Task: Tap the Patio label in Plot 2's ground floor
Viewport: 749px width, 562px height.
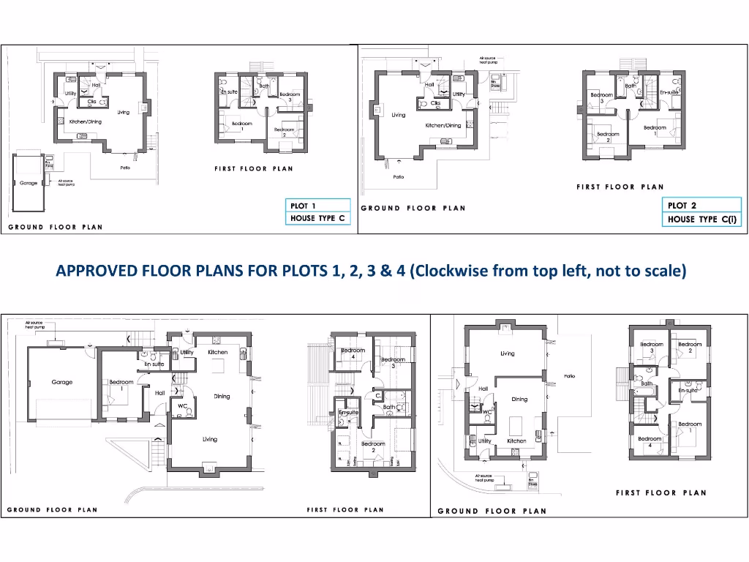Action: click(x=399, y=176)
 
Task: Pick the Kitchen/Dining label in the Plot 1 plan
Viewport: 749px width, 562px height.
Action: click(x=86, y=121)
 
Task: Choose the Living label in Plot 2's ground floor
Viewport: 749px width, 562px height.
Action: click(x=398, y=115)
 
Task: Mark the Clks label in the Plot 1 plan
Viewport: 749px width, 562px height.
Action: click(x=93, y=102)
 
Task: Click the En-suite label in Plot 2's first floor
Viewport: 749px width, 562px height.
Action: click(x=669, y=93)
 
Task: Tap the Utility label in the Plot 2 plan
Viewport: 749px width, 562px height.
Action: click(x=459, y=94)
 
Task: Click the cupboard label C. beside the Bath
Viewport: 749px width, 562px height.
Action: click(x=377, y=395)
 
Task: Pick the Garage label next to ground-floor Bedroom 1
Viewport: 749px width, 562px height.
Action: click(x=62, y=382)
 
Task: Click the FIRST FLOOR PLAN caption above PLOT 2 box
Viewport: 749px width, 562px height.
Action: click(x=620, y=187)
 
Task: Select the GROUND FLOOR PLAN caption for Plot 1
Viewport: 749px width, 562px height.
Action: click(x=56, y=228)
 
